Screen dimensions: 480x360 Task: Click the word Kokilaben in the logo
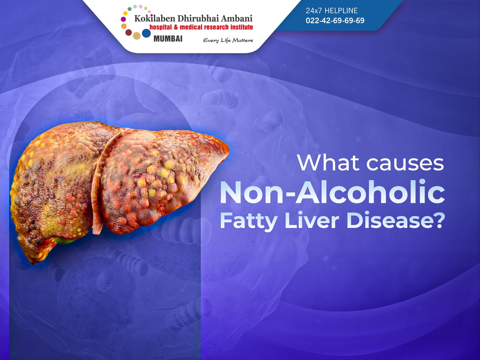pyautogui.click(x=155, y=18)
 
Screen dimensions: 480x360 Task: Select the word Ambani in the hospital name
pyautogui.click(x=237, y=18)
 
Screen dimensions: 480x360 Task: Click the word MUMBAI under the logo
pyautogui.click(x=168, y=39)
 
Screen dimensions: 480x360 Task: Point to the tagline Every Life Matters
pyautogui.click(x=228, y=40)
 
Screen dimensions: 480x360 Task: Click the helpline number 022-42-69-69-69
pyautogui.click(x=335, y=20)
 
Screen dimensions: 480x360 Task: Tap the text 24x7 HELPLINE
pyautogui.click(x=332, y=10)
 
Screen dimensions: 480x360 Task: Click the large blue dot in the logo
pyautogui.click(x=146, y=33)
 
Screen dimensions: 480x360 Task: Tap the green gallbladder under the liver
pyautogui.click(x=65, y=240)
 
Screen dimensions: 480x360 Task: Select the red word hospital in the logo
pyautogui.click(x=160, y=27)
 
